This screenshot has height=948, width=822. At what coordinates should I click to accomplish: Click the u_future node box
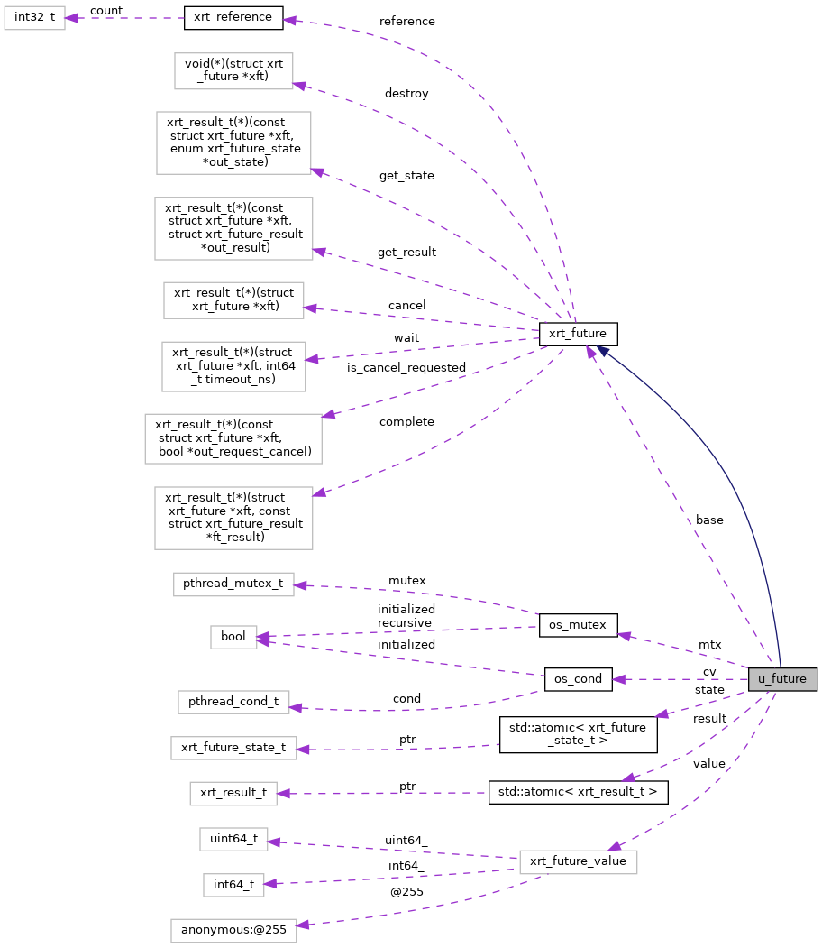coord(781,679)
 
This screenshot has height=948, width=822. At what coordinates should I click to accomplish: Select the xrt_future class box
coord(578,335)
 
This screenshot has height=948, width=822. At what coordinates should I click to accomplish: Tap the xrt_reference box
coord(233,17)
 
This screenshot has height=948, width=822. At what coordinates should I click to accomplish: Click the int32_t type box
coord(35,17)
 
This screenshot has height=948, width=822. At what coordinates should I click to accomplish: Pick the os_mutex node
coord(578,624)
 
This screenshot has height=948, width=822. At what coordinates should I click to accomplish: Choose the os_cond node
coord(578,679)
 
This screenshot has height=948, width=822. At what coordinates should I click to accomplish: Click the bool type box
coord(233,637)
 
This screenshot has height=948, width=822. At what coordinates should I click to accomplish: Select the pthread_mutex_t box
coord(234,584)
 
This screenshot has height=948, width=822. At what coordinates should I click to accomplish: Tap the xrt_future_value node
coord(578,861)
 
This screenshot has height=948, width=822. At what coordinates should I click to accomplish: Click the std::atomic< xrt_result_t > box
coord(578,793)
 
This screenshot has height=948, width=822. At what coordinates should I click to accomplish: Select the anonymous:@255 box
coord(233,931)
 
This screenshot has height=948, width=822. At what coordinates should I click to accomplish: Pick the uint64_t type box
coord(233,839)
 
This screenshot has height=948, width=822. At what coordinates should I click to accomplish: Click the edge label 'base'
coord(709,520)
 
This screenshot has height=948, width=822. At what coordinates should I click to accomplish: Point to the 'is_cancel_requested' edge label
coord(406,367)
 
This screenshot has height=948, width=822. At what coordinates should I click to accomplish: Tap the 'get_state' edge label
coord(406,175)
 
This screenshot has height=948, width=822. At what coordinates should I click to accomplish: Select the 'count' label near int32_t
coord(106,10)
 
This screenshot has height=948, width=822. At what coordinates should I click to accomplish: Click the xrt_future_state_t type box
coord(233,747)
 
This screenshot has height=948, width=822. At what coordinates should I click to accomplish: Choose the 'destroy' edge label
coord(406,93)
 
